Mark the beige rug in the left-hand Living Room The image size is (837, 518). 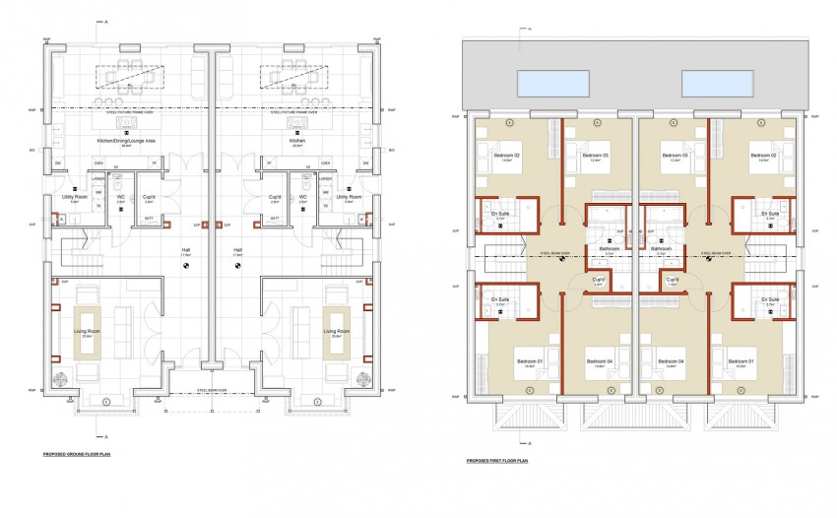tap(89, 332)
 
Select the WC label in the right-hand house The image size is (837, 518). tap(303, 197)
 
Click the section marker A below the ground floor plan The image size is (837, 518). tap(105, 434)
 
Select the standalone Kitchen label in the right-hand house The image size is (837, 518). tap(296, 141)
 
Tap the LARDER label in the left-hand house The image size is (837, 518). tap(99, 179)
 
